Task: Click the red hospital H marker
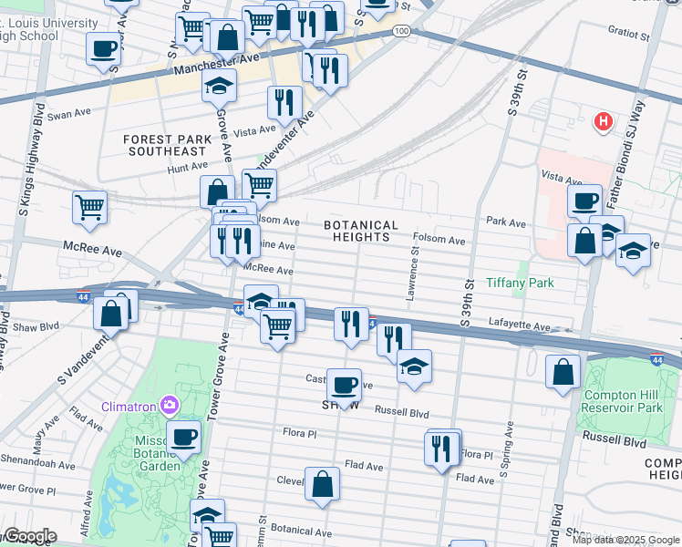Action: tap(603, 120)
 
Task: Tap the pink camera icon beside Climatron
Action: tap(168, 404)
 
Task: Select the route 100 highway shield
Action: tap(401, 32)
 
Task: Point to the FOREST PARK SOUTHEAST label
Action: tap(167, 145)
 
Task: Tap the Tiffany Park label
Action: tap(520, 283)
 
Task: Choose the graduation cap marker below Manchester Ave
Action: tap(218, 86)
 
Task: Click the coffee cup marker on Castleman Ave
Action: tap(344, 384)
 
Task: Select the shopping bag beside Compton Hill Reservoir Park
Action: tap(563, 371)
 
